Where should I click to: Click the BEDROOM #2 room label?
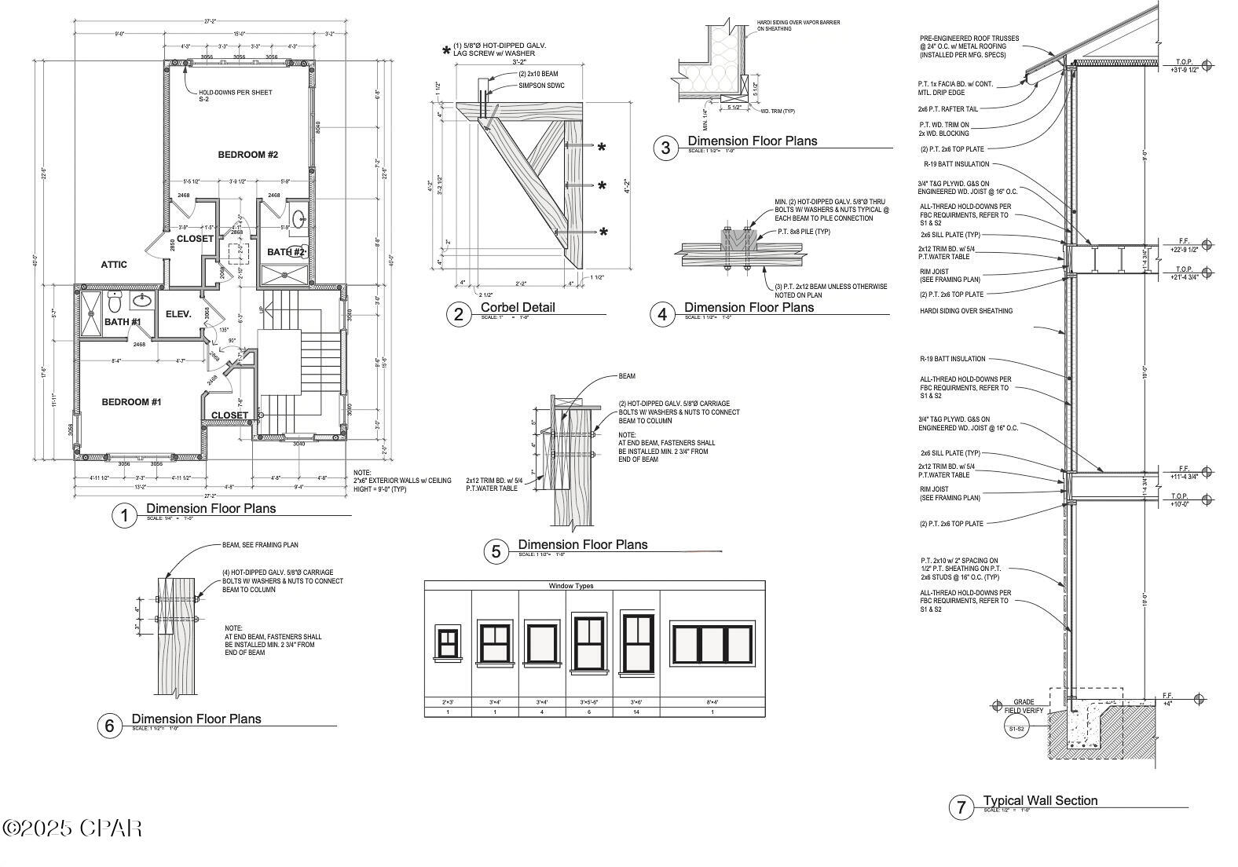coord(247,155)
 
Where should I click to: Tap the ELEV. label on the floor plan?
coord(178,314)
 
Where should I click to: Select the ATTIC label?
coord(114,265)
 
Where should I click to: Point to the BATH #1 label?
coord(123,322)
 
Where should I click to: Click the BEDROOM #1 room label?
coord(131,402)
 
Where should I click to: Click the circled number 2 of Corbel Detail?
coord(459,315)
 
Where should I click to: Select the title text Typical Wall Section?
coord(1040,800)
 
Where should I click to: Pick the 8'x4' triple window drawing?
coord(712,644)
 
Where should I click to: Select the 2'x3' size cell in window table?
coord(448,702)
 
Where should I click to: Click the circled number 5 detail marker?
coord(496,551)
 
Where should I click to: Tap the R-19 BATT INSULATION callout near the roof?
coord(956,164)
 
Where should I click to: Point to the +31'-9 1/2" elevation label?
coord(1184,69)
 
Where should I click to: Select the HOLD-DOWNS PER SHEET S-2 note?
coord(235,96)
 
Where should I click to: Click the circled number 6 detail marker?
coord(109,726)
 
